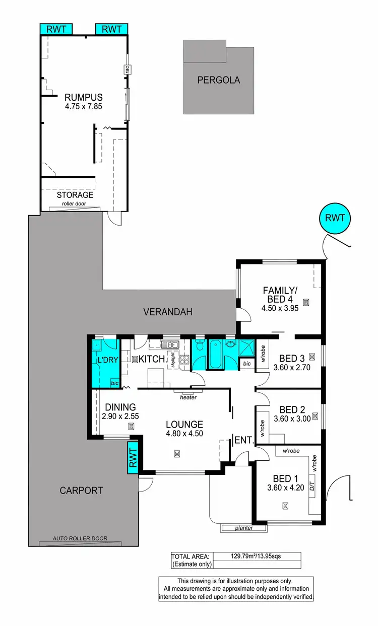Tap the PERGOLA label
pyautogui.click(x=218, y=80)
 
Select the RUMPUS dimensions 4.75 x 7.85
pyautogui.click(x=83, y=106)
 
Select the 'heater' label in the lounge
pyautogui.click(x=188, y=397)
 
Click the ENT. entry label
pyautogui.click(x=243, y=440)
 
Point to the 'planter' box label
pyautogui.click(x=244, y=528)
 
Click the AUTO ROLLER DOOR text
pyautogui.click(x=80, y=538)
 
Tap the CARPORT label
pyautogui.click(x=81, y=490)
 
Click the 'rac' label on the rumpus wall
pyautogui.click(x=128, y=70)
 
